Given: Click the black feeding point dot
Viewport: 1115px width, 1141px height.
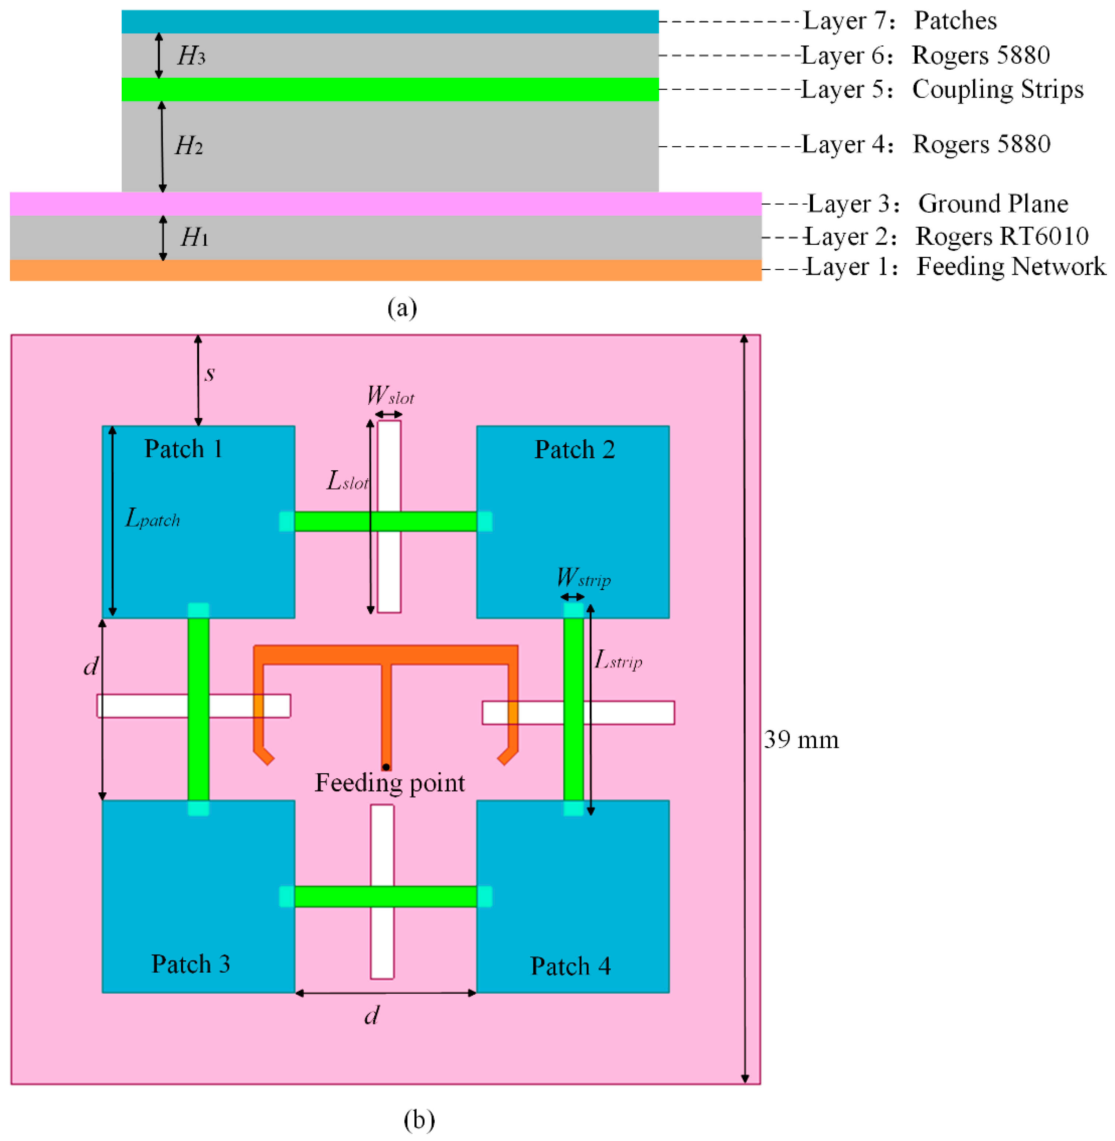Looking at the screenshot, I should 386,767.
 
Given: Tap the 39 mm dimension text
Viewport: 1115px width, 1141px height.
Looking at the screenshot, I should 801,740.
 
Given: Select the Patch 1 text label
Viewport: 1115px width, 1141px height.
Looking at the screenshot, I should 183,449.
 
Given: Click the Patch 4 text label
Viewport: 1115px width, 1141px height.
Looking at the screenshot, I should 570,966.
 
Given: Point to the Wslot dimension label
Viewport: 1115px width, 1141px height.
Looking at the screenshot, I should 390,396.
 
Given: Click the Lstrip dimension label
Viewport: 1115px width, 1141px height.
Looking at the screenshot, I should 618,660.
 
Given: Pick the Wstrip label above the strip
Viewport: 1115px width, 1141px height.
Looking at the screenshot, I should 583,578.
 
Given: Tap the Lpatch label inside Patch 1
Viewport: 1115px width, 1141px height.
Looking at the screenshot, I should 152,518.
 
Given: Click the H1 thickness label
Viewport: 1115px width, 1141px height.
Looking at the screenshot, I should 194,237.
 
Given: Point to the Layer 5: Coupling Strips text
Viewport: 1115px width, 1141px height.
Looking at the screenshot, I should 942,90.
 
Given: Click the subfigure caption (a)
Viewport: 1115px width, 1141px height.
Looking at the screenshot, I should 402,307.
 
